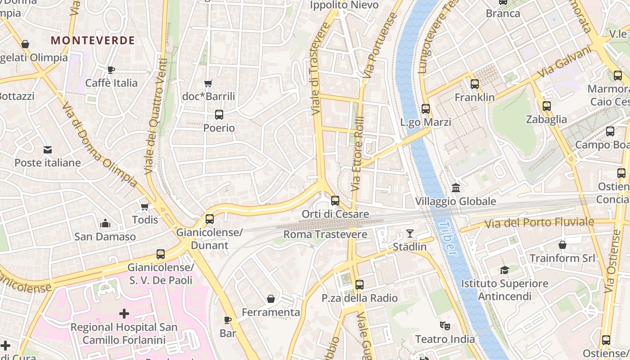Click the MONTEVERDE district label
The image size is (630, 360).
(93, 40)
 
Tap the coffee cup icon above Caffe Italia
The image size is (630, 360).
(111, 70)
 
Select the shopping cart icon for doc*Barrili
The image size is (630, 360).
(208, 83)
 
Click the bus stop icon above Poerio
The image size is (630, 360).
(219, 115)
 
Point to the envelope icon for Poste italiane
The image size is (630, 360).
(47, 150)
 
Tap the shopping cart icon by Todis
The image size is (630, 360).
(144, 207)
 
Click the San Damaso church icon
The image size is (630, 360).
(105, 223)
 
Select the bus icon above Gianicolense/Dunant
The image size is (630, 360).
(210, 219)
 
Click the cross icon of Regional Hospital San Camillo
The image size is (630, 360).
(124, 313)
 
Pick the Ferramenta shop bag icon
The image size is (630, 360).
(271, 299)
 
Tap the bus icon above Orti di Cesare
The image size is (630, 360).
(335, 201)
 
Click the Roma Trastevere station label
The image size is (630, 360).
(325, 234)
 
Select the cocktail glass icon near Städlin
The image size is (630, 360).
(409, 233)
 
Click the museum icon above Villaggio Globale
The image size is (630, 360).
(455, 188)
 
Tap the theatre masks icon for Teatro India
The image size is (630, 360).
(445, 325)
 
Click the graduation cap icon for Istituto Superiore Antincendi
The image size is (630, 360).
(504, 270)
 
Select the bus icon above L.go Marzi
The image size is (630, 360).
(426, 108)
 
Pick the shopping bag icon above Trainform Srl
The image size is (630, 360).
(562, 245)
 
